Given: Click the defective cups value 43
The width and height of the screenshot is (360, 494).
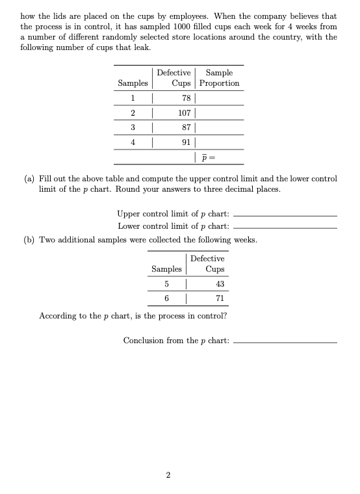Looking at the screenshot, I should (219, 285).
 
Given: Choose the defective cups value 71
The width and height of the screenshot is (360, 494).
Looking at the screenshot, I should (219, 298).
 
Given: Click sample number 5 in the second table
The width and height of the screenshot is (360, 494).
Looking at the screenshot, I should (166, 285).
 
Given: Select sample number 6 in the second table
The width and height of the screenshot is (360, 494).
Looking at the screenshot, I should (166, 298).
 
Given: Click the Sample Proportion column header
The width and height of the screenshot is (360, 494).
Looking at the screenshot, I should (219, 78).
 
